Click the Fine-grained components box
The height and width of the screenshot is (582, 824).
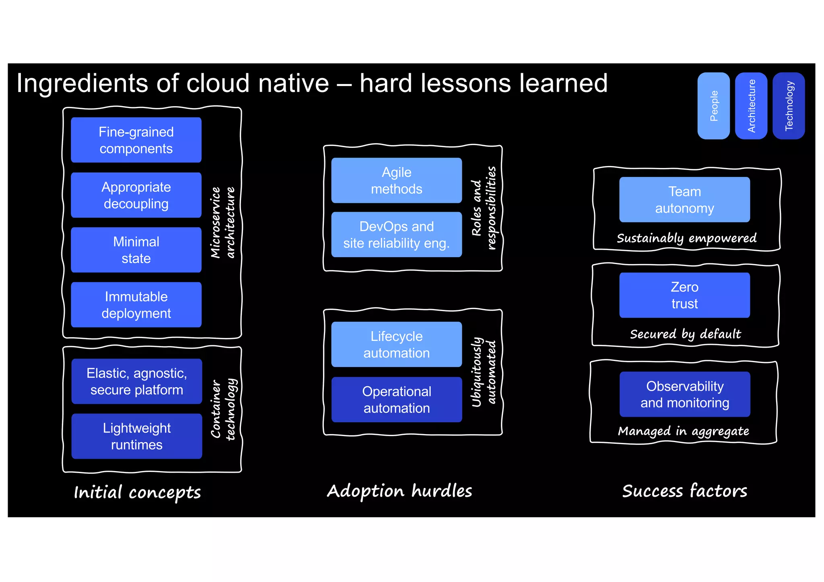pos(136,140)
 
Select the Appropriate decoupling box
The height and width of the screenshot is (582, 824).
pos(136,195)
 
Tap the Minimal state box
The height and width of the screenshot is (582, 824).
pos(136,250)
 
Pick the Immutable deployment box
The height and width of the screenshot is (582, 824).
pos(136,305)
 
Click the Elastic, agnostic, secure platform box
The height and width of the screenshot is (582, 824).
pos(137,381)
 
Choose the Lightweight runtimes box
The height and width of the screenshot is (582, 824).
pos(137,436)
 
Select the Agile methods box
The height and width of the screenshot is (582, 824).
pos(396,180)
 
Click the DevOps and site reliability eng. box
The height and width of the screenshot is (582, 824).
pos(396,234)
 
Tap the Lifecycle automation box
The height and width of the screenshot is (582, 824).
pos(396,344)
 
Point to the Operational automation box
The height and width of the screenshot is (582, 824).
pos(396,400)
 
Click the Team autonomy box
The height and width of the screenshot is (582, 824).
pos(684,200)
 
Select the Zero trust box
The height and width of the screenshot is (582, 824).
pos(684,295)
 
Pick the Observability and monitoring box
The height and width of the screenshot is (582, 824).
pos(684,394)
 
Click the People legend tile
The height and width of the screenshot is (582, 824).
pos(713,106)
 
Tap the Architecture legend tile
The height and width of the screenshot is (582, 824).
pos(751,106)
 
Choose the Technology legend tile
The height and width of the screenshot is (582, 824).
pos(789,106)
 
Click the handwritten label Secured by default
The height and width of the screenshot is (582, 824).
pos(685,334)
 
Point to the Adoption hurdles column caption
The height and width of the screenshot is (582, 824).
pos(399,491)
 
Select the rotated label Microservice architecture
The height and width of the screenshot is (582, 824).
pos(222,222)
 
